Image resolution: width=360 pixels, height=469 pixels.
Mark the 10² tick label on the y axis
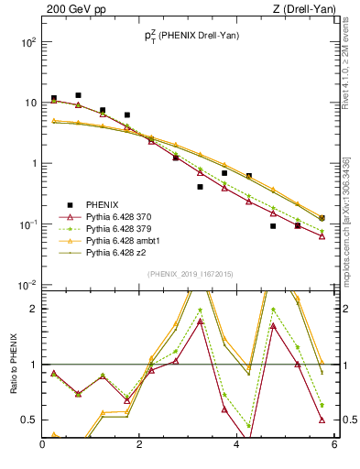27,42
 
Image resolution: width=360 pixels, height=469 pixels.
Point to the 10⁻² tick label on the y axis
27,285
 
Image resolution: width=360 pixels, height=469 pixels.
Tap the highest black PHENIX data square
79,95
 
